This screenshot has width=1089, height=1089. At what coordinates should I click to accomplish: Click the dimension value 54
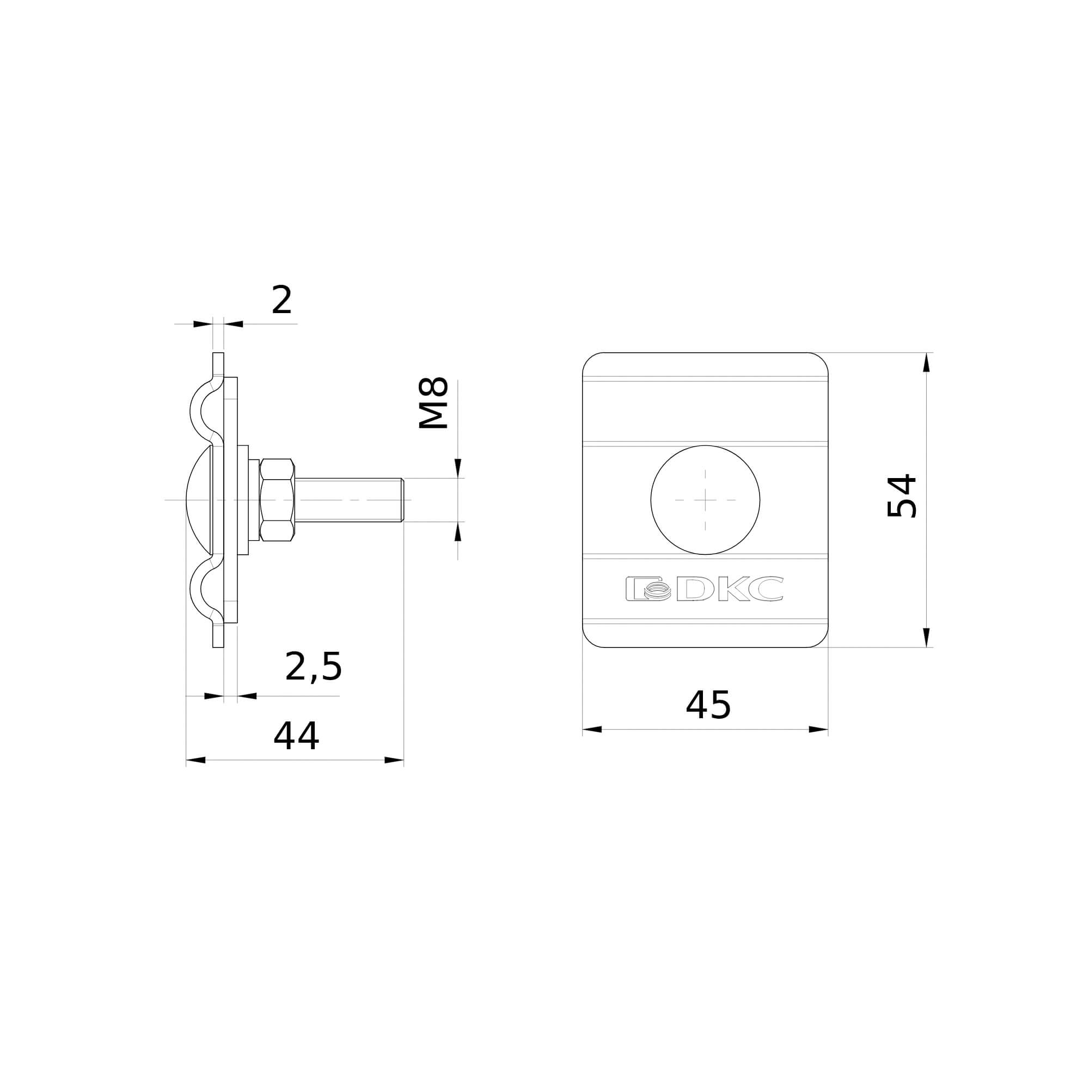pos(902,496)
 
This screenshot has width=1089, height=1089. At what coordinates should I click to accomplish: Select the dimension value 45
pos(708,705)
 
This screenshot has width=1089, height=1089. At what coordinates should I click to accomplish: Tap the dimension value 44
pos(296,736)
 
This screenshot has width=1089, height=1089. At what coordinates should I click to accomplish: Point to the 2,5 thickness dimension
pos(314,667)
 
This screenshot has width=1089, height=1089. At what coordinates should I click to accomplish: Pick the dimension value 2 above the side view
pos(282,300)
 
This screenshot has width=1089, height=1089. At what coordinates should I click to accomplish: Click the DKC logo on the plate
pos(704,589)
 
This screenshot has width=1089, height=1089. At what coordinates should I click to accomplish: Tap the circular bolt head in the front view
pos(705,500)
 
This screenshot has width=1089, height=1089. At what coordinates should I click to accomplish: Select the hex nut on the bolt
pos(277,500)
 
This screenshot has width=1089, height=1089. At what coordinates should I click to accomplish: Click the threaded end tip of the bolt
pos(402,500)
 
